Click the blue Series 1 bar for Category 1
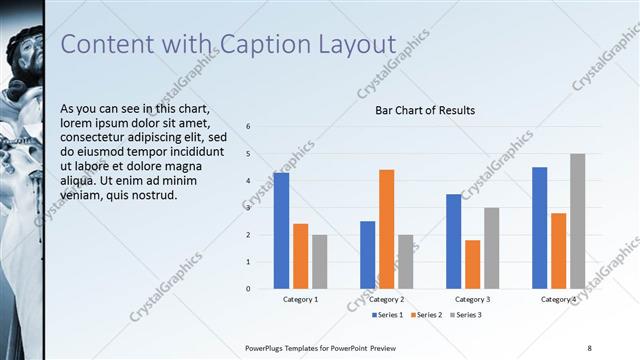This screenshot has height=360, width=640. pyautogui.click(x=281, y=230)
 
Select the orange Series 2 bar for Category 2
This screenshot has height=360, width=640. pyautogui.click(x=387, y=229)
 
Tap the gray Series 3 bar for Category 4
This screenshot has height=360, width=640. pyautogui.click(x=578, y=221)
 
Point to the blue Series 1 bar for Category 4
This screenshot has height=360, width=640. pyautogui.click(x=540, y=227)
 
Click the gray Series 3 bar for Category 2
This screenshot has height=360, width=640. pyautogui.click(x=405, y=261)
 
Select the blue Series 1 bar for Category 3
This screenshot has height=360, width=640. pyautogui.click(x=454, y=241)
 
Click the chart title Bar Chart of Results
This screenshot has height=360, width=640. pyautogui.click(x=425, y=110)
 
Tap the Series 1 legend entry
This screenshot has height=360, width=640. pyautogui.click(x=388, y=315)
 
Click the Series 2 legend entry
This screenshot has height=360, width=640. pyautogui.click(x=426, y=315)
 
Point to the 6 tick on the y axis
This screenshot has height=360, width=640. pyautogui.click(x=249, y=126)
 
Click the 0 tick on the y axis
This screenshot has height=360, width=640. pyautogui.click(x=249, y=289)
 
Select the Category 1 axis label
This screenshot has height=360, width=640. pyautogui.click(x=301, y=299)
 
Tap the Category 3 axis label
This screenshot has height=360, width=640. pyautogui.click(x=473, y=299)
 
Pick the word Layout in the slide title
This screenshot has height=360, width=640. pyautogui.click(x=354, y=45)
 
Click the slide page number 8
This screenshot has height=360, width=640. pyautogui.click(x=589, y=347)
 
